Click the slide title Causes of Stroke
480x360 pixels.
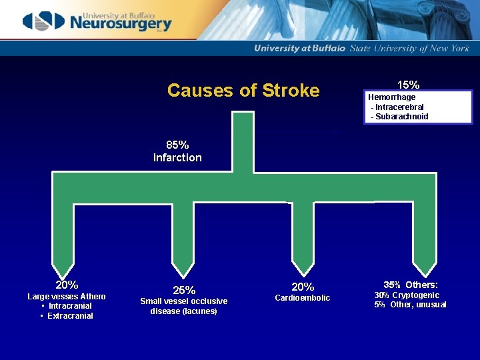pos(243,90)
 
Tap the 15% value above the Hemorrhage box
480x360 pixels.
pos(408,85)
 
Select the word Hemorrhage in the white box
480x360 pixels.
pos(392,97)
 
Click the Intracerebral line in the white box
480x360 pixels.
pos(398,107)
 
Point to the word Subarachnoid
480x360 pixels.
pos(402,117)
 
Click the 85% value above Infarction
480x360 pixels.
pos(177,145)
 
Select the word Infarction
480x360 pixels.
pos(177,158)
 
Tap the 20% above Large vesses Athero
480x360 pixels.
pos(67,285)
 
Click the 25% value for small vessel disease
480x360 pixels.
pos(184,290)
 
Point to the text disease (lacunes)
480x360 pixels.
pos(183,311)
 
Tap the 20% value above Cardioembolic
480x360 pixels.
pos(303,287)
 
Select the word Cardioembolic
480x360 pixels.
pos(303,298)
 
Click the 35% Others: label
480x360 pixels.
pos(410,283)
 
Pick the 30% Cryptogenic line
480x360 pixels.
pos(407,295)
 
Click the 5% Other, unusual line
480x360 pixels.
pos(410,305)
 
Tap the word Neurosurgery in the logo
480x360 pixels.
pos(120,24)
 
